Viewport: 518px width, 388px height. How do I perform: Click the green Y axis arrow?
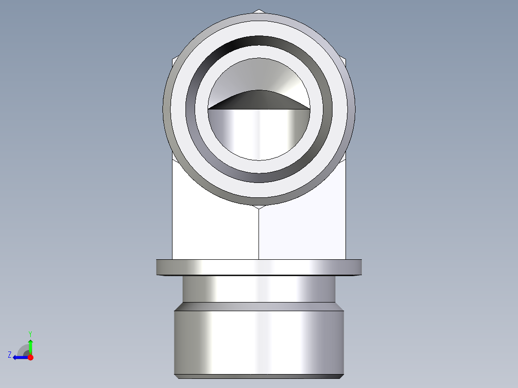[x=30, y=345]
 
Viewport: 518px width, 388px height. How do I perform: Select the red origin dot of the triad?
[x=30, y=357]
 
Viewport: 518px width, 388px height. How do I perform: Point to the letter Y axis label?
[x=30, y=333]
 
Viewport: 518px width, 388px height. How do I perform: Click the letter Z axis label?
[x=10, y=355]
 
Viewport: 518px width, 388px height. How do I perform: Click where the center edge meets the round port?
[x=259, y=207]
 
